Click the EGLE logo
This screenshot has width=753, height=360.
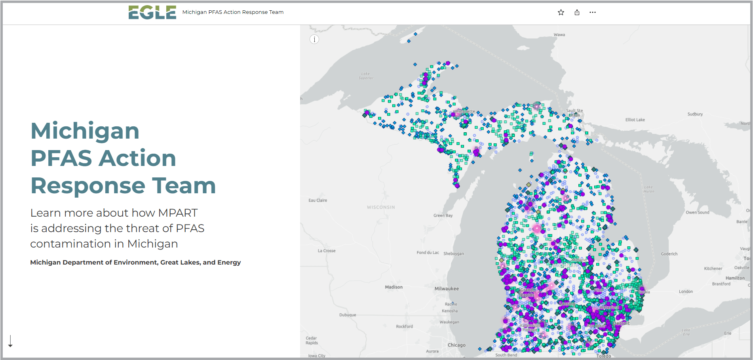pyautogui.click(x=152, y=12)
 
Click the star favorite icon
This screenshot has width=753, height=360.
pyautogui.click(x=561, y=12)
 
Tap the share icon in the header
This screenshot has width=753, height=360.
pyautogui.click(x=577, y=12)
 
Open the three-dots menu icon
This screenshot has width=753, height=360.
pyautogui.click(x=592, y=12)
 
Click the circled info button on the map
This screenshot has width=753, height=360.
pyautogui.click(x=314, y=39)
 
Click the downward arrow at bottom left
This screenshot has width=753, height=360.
pyautogui.click(x=11, y=341)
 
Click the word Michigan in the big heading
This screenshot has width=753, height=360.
pyautogui.click(x=85, y=131)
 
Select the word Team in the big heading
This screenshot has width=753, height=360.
pyautogui.click(x=184, y=185)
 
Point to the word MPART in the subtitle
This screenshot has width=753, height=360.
pyautogui.click(x=178, y=213)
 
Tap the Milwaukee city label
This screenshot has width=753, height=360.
pyautogui.click(x=447, y=289)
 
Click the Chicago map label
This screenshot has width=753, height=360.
pyautogui.click(x=456, y=345)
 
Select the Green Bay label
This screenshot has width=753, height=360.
pyautogui.click(x=443, y=215)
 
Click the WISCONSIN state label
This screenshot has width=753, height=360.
pyautogui.click(x=380, y=207)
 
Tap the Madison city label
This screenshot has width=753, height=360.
pyautogui.click(x=394, y=287)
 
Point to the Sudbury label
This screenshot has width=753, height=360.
pyautogui.click(x=695, y=114)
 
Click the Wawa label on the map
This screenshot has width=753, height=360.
pyautogui.click(x=559, y=35)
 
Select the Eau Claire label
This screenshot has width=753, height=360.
pyautogui.click(x=318, y=200)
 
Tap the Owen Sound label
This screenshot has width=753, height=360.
pyautogui.click(x=697, y=213)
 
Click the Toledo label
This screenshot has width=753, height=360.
pyautogui.click(x=603, y=356)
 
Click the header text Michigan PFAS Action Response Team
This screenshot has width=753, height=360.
pyautogui.click(x=233, y=12)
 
